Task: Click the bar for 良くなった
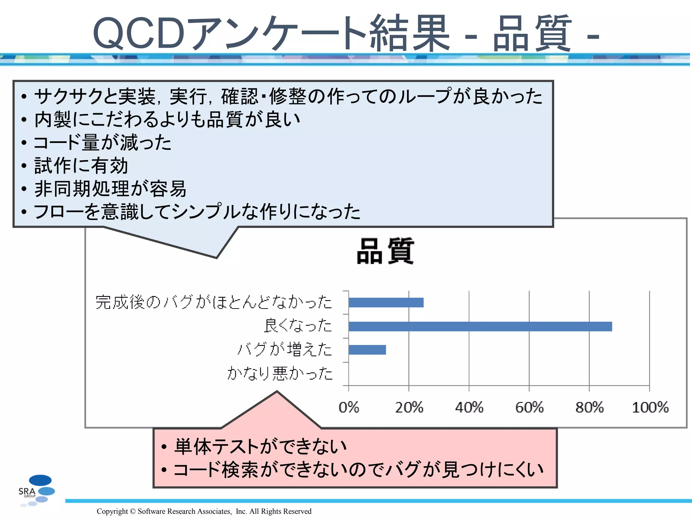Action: tap(480, 326)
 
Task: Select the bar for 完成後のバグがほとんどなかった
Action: tap(386, 303)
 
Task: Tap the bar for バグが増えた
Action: tap(367, 350)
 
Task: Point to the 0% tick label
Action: tap(349, 407)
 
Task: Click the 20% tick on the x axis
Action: tap(409, 407)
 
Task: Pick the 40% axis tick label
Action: tap(469, 407)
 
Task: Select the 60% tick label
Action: tap(529, 407)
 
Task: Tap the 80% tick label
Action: tap(589, 407)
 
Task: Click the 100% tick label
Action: tap(650, 407)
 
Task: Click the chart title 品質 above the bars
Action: tap(385, 251)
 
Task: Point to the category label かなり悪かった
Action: tap(280, 373)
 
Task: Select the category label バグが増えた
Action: tap(285, 349)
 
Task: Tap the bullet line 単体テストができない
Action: tap(260, 446)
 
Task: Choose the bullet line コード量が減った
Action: tap(103, 142)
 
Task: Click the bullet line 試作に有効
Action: tap(81, 166)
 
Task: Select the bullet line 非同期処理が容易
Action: tap(110, 189)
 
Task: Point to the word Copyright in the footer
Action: tap(112, 511)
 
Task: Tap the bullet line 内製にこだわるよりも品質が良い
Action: tap(167, 119)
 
